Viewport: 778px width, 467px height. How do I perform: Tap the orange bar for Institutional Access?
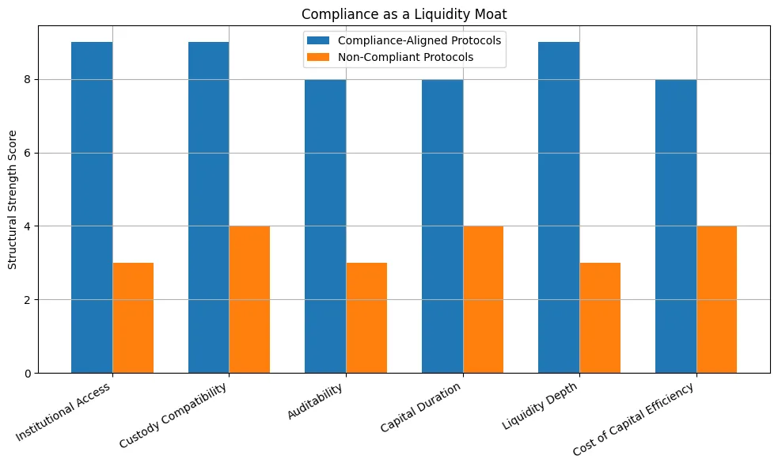[x=133, y=317]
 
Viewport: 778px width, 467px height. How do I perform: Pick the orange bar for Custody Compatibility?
[x=249, y=299]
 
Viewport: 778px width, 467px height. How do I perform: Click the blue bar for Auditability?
[x=325, y=226]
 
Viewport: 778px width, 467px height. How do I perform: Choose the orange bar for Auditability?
[x=366, y=317]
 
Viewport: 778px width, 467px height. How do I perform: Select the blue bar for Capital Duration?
[x=442, y=226]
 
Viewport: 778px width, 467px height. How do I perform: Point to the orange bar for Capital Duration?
[x=483, y=299]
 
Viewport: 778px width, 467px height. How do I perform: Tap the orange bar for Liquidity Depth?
[x=600, y=317]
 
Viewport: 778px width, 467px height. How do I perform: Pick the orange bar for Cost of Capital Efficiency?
[x=716, y=299]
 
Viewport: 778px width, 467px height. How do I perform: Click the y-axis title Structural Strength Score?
[x=12, y=199]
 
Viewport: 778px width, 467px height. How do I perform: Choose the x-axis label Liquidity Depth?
[x=541, y=405]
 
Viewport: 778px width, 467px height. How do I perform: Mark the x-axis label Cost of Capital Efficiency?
[x=635, y=419]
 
